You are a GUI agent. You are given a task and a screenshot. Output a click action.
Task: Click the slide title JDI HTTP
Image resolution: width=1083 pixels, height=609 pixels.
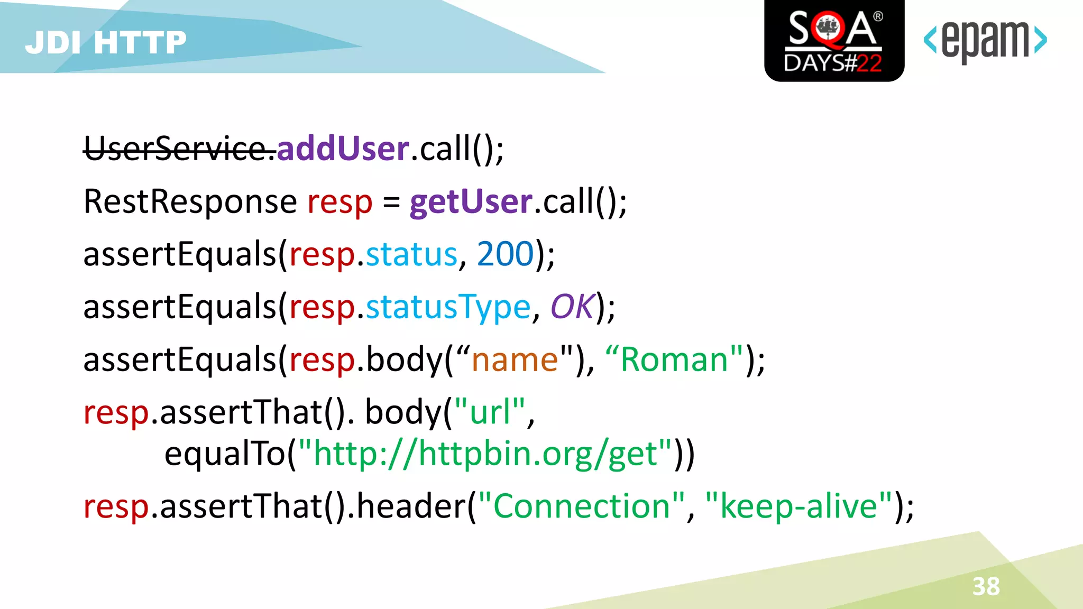click(106, 42)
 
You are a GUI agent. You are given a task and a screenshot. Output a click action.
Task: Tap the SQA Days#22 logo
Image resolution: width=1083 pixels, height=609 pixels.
click(834, 41)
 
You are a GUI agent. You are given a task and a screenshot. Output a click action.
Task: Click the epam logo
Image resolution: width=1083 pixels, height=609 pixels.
click(985, 40)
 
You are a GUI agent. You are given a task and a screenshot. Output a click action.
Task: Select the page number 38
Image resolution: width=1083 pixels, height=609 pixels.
click(986, 586)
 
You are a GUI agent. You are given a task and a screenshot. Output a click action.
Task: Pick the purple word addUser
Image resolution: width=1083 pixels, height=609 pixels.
click(343, 149)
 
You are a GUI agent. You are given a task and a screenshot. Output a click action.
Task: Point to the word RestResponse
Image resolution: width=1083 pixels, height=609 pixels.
click(190, 202)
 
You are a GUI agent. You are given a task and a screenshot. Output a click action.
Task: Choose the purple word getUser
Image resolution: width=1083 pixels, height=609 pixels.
click(471, 202)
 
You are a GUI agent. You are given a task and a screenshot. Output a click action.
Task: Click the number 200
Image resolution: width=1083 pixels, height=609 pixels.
click(506, 254)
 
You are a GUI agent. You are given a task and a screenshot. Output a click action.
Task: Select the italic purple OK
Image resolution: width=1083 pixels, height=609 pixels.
click(573, 307)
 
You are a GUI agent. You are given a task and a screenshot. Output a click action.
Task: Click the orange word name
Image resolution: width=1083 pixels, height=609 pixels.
click(515, 360)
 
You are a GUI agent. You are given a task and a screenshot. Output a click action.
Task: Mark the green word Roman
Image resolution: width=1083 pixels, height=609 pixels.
click(675, 360)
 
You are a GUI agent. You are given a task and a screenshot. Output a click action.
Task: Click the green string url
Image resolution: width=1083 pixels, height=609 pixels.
click(490, 412)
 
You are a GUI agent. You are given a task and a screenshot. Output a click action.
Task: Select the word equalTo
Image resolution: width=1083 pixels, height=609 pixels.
click(225, 454)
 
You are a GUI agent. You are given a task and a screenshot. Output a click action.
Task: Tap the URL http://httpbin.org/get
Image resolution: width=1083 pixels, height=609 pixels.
click(485, 454)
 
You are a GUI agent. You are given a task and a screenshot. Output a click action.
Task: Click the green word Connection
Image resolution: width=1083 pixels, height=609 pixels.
click(582, 506)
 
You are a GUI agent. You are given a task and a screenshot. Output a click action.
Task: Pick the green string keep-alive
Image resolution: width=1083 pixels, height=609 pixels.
click(799, 506)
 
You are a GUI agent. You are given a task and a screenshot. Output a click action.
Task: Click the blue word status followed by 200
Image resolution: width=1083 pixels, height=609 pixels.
click(411, 254)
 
